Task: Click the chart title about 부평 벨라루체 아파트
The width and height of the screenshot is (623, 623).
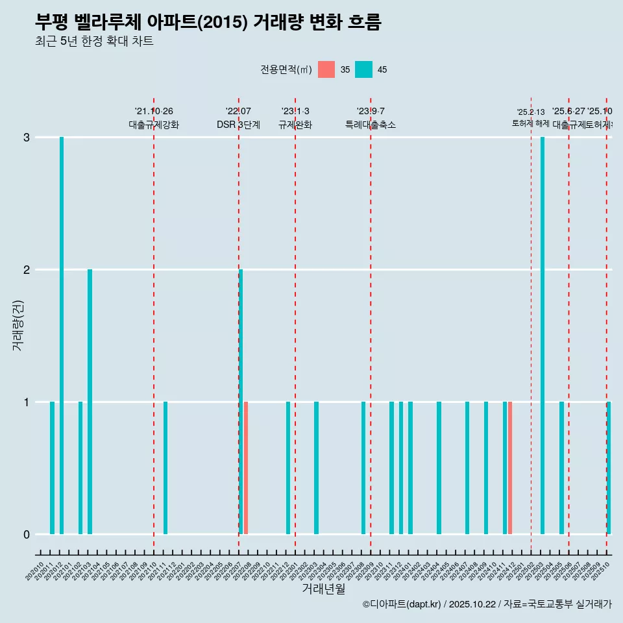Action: tap(208, 23)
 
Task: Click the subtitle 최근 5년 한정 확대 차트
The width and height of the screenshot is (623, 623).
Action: tap(94, 42)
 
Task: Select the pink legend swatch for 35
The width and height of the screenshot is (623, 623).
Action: tap(326, 69)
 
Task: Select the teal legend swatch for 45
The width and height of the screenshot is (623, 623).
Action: tap(363, 69)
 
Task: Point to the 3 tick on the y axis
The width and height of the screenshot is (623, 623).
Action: tap(27, 138)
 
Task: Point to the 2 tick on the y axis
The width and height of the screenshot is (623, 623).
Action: tap(27, 270)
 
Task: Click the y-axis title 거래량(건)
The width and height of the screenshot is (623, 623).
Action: tap(18, 324)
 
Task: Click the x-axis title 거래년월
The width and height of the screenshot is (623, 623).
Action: tap(323, 589)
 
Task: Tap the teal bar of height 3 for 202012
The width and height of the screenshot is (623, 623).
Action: tap(62, 336)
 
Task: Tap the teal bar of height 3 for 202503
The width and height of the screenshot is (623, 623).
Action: tap(543, 336)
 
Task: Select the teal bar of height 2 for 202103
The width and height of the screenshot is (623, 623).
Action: tap(90, 402)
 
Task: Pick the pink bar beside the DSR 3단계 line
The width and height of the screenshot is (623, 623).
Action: tap(246, 468)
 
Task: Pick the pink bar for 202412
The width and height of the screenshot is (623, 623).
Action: tap(510, 468)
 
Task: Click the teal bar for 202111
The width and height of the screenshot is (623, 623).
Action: tap(165, 468)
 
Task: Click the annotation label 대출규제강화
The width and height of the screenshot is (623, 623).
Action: tap(154, 125)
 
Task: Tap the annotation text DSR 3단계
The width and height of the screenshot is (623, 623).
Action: tap(238, 125)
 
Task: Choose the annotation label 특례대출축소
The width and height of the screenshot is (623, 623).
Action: tap(371, 125)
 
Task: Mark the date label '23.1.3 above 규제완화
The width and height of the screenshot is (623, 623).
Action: tap(295, 111)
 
